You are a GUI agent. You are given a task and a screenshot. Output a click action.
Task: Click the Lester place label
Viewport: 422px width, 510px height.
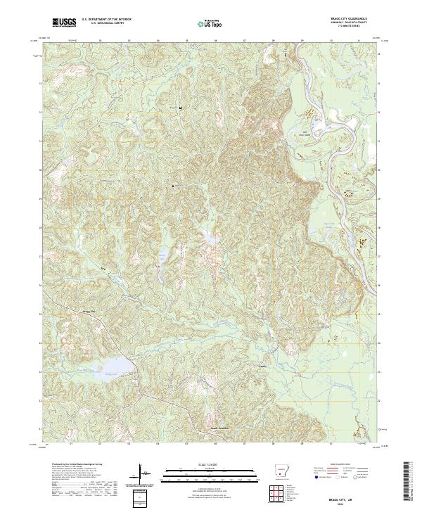[262, 366]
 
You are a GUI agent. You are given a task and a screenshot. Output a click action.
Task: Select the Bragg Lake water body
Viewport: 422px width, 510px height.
[116, 366]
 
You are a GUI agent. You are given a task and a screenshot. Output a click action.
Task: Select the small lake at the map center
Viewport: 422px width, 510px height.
[209, 239]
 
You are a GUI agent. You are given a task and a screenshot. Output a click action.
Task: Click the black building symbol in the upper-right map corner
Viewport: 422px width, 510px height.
[286, 53]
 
